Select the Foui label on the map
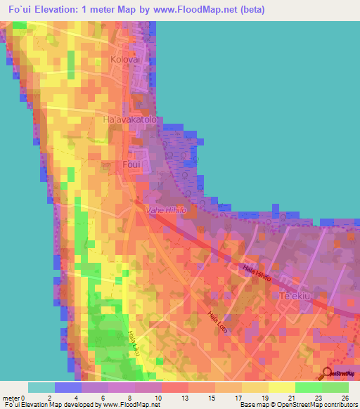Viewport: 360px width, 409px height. tap(131, 164)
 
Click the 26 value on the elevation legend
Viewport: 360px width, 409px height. tap(345, 398)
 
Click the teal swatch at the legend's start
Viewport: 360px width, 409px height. tap(41, 387)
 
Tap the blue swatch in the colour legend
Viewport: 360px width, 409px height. tap(68, 387)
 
